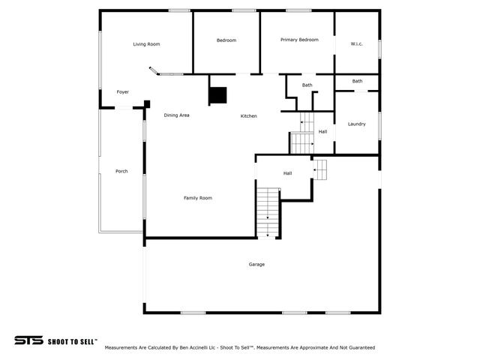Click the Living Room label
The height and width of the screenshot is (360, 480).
pyautogui.click(x=146, y=44)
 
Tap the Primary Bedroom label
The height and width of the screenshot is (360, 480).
pyautogui.click(x=299, y=40)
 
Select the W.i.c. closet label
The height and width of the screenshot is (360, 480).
pyautogui.click(x=357, y=44)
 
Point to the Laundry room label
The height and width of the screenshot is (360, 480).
pyautogui.click(x=357, y=124)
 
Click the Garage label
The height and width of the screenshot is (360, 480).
pyautogui.click(x=256, y=264)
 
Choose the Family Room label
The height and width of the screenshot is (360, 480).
pyautogui.click(x=198, y=198)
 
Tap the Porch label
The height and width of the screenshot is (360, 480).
pyautogui.click(x=121, y=171)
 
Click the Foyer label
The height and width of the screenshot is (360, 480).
pyautogui.click(x=122, y=92)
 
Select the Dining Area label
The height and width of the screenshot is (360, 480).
pyautogui.click(x=177, y=115)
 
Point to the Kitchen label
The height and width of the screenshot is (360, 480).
pyautogui.click(x=249, y=116)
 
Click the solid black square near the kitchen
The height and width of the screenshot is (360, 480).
pyautogui.click(x=217, y=95)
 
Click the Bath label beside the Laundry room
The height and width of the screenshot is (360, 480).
pyautogui.click(x=357, y=81)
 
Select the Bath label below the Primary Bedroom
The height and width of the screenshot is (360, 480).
pyautogui.click(x=307, y=85)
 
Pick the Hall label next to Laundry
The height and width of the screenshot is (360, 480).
pyautogui.click(x=322, y=132)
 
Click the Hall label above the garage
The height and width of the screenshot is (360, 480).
pyautogui.click(x=287, y=173)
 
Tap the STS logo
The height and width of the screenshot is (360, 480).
pyautogui.click(x=28, y=340)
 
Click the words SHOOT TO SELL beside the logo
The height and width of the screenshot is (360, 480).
pyautogui.click(x=72, y=341)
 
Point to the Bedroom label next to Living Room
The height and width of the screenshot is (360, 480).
pyautogui.click(x=226, y=40)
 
